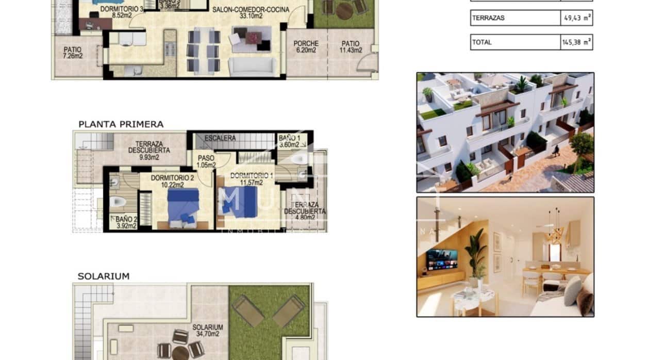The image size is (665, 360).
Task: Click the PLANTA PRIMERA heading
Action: coord(121,124)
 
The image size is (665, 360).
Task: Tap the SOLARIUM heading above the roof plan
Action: coord(103,276)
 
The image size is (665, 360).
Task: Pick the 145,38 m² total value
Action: coord(576,42)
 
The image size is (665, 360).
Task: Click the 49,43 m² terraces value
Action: coord(576,18)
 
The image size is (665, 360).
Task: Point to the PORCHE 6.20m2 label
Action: coord(306,47)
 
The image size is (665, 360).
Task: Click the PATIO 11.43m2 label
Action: coord(350,47)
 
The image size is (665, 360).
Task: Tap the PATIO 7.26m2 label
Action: coord(73,53)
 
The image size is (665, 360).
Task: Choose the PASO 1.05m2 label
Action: coord(206,162)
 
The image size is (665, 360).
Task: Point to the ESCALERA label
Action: coord(220,138)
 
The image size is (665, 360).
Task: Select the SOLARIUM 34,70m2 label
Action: coord(208,331)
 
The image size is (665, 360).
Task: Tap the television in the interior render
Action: coord(442,259)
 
